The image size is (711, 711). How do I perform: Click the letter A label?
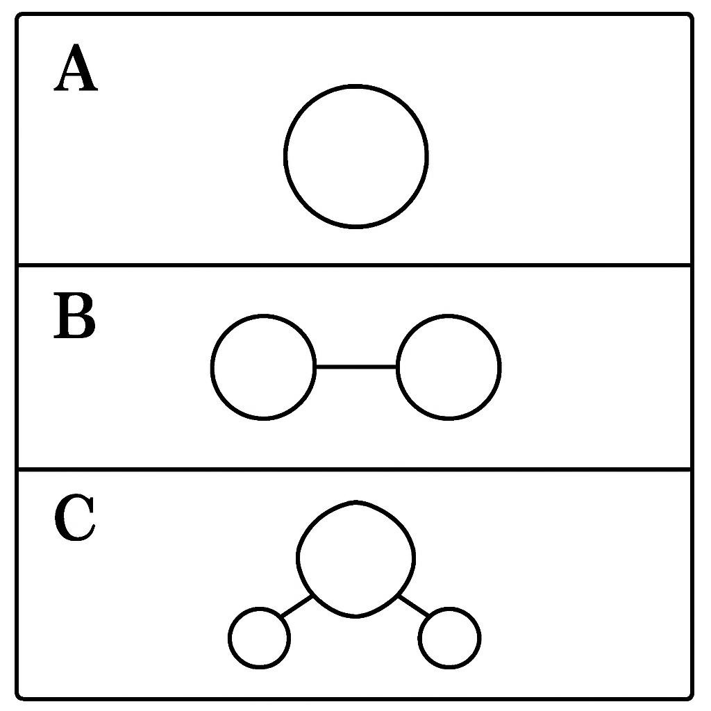pos(76,67)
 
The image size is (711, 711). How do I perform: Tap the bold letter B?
pos(75,315)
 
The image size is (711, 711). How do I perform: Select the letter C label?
pos(75,517)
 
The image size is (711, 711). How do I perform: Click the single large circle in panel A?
pos(285,156)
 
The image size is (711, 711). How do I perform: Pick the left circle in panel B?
pos(211,367)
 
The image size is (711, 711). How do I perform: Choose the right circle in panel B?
pos(501,367)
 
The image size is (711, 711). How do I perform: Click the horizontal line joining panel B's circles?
pos(356,367)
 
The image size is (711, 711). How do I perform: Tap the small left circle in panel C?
pos(229,638)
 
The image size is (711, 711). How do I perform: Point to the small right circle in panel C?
pos(480,638)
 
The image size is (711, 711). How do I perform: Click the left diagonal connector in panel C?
pos(297,606)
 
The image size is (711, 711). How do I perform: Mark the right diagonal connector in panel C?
pos(413,606)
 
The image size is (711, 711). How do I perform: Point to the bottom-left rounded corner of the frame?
pos(18,697)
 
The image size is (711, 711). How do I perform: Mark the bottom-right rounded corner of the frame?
pos(691,697)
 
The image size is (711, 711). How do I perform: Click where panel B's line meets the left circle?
pos(316,367)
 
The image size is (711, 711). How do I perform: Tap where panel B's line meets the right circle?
pos(396,367)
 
